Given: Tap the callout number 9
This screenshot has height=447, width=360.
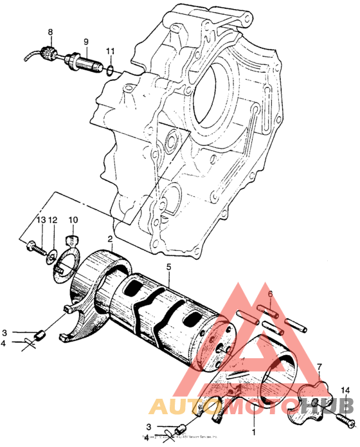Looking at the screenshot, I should (85, 42).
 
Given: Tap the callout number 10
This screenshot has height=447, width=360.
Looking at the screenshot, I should (73, 221).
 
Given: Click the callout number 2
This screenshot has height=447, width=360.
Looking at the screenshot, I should (110, 239).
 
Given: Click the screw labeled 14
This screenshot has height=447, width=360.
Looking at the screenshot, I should (345, 423).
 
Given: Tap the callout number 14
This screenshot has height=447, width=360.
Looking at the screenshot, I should (345, 390).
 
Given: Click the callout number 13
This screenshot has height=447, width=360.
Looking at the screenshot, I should (41, 221).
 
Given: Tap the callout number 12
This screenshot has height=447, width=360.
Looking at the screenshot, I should (53, 221).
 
